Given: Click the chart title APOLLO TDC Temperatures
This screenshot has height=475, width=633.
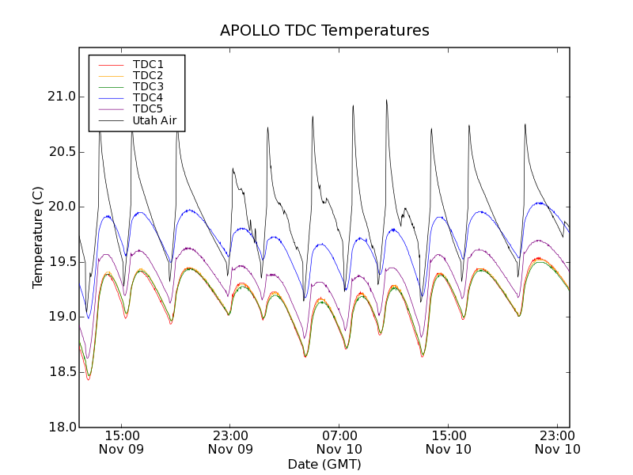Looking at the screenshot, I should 324,31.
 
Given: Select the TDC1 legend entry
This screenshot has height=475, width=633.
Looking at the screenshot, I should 148,64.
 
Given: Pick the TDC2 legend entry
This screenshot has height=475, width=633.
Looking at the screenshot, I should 148,75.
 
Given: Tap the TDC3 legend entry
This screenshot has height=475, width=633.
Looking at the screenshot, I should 148,86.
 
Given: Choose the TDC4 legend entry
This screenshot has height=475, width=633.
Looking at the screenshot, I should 148,97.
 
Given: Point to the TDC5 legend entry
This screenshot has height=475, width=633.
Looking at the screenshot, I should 148,109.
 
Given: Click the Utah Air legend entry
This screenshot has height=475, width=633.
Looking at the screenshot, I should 154,121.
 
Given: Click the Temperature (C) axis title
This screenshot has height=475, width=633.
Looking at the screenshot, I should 38,237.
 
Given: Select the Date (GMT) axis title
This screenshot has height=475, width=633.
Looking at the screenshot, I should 324,464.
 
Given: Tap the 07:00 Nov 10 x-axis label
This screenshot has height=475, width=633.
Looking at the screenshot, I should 339,442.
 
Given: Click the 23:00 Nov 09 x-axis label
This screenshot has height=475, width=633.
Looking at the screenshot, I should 230,442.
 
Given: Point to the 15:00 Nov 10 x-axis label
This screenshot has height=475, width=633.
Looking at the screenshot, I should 449,442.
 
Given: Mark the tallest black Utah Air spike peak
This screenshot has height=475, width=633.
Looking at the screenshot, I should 386,101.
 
